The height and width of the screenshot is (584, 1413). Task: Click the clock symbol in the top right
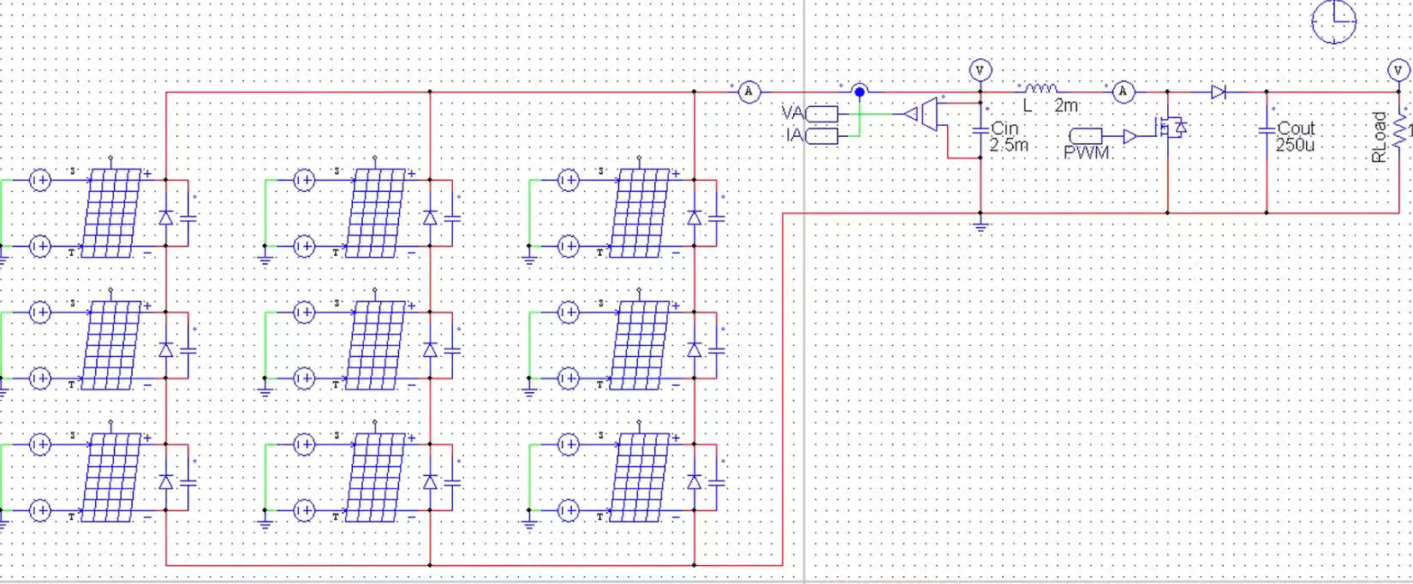pos(1333,21)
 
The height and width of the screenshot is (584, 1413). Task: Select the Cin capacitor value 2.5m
pos(1009,146)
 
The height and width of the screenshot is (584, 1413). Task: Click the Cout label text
pos(1296,128)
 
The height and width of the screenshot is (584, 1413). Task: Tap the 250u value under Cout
pos(1295,146)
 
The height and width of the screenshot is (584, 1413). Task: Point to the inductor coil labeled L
pos(1040,88)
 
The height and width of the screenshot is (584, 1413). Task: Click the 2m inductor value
pos(1066,106)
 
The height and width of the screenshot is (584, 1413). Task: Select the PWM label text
pos(1087,153)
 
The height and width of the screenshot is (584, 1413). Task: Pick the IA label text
pos(794,135)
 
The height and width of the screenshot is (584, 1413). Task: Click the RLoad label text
pos(1378,137)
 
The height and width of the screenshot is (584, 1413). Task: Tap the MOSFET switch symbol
pos(1169,128)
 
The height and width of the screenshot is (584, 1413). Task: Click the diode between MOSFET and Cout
pos(1219,92)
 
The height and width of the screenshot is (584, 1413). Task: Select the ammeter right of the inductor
pos(1124,92)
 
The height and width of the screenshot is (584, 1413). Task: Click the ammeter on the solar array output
pos(748,92)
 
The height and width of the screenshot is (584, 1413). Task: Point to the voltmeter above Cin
pos(980,70)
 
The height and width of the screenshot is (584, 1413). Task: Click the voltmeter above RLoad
pos(1398,70)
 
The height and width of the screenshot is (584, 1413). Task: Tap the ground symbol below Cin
pos(981,227)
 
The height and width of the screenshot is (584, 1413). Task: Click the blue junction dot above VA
pos(860,92)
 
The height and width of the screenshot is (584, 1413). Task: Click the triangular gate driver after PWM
pos(1130,136)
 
